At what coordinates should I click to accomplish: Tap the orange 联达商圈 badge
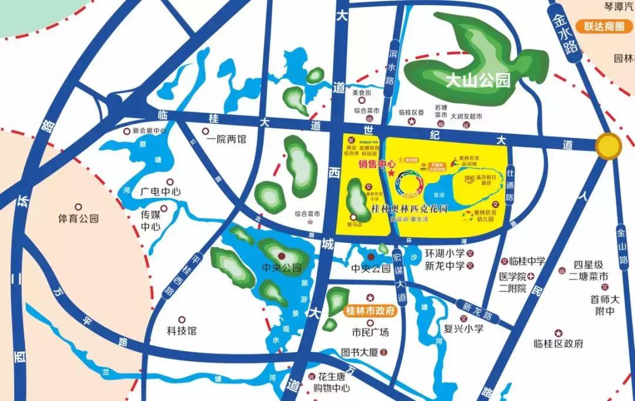coord(604,26)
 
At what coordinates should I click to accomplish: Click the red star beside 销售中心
coord(392,174)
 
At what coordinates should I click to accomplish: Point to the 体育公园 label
coord(78,219)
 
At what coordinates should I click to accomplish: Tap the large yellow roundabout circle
coord(609,145)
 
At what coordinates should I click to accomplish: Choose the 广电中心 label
coord(161,192)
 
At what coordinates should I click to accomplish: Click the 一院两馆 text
coord(226,140)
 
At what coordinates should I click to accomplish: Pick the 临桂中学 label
coord(527,261)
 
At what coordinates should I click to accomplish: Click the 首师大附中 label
coord(606,305)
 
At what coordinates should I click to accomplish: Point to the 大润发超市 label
coord(466,117)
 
